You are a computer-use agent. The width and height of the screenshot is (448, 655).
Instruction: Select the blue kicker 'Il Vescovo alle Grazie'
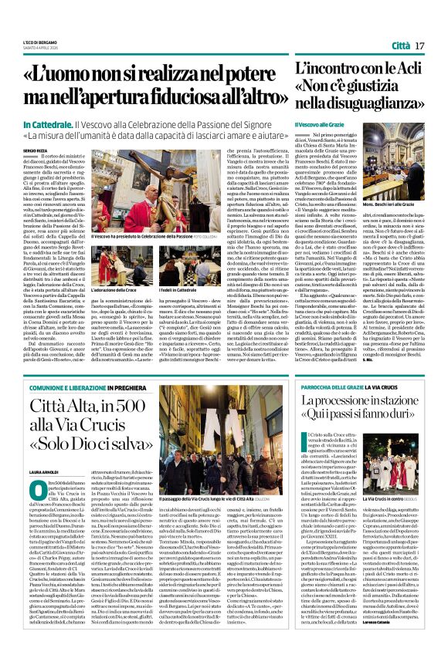[x=317, y=124]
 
